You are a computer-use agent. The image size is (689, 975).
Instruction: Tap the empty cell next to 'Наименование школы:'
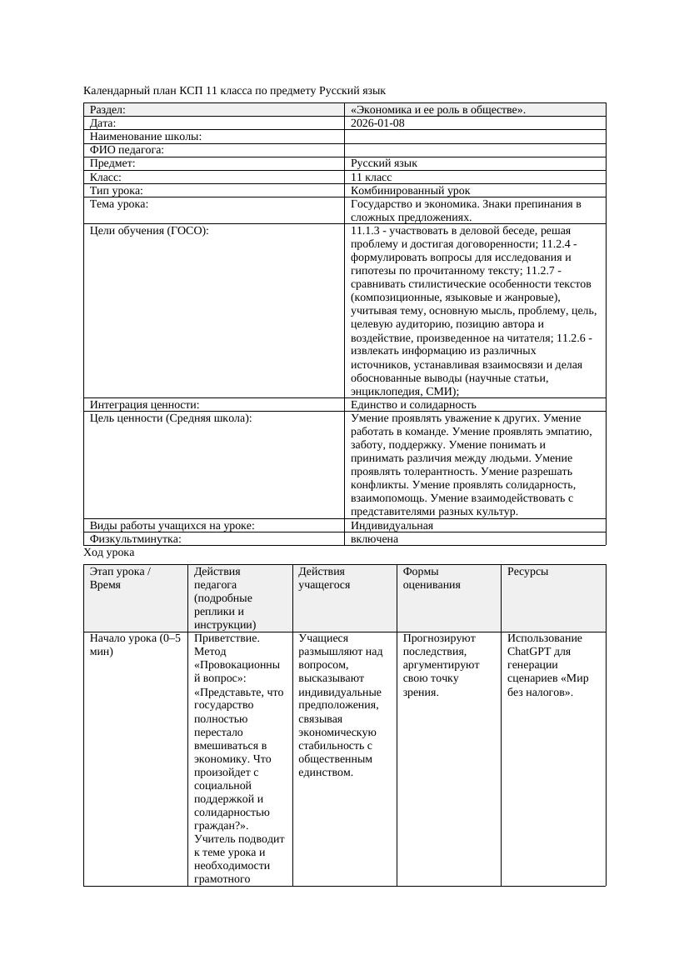(x=475, y=137)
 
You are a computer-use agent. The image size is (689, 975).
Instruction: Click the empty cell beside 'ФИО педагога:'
(x=475, y=150)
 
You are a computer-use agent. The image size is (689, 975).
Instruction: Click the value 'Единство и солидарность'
(x=409, y=405)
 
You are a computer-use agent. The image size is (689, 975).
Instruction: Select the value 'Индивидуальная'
(x=392, y=526)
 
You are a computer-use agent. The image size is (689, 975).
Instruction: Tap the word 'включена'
(x=374, y=539)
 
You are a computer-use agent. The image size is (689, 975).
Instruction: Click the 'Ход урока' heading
(x=109, y=552)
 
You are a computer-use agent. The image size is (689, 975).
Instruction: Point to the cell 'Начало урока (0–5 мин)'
(x=134, y=645)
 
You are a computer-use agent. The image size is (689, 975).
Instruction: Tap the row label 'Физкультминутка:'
(x=135, y=539)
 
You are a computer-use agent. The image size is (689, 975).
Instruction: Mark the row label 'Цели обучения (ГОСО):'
(x=149, y=231)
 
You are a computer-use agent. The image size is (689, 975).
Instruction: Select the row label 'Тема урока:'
(x=119, y=204)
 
